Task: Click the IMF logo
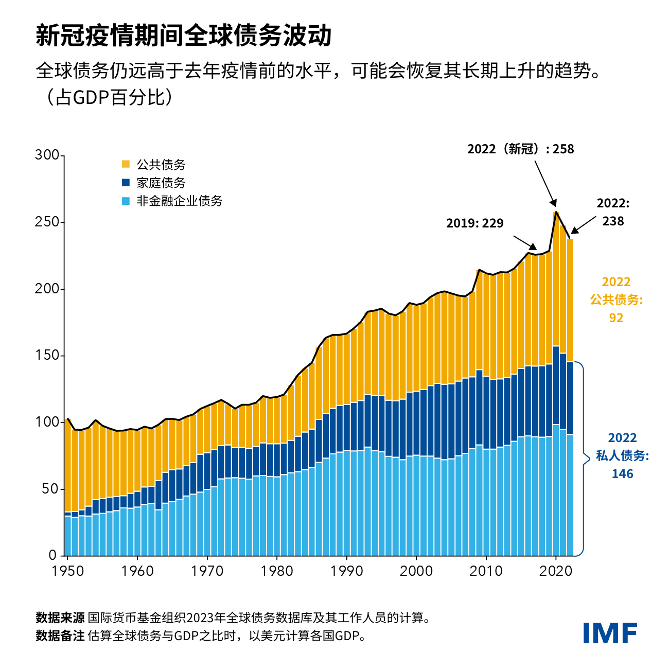point(610,633)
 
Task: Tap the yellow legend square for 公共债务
point(126,165)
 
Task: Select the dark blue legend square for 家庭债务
point(126,183)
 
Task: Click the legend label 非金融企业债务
point(179,201)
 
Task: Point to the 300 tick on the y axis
point(47,155)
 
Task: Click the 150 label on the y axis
point(47,356)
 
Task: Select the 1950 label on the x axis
point(68,571)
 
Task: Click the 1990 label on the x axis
point(346,571)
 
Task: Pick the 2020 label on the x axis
point(555,571)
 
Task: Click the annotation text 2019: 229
point(474,223)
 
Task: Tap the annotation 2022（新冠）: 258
point(520,149)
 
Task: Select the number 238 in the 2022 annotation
point(613,221)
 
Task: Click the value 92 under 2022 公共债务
point(616,318)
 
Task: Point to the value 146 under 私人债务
point(622,474)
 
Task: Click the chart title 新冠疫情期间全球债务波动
point(184,36)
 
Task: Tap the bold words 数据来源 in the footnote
point(60,618)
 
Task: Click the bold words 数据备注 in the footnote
point(60,636)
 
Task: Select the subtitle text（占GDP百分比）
point(108,97)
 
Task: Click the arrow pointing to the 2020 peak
point(545,184)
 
